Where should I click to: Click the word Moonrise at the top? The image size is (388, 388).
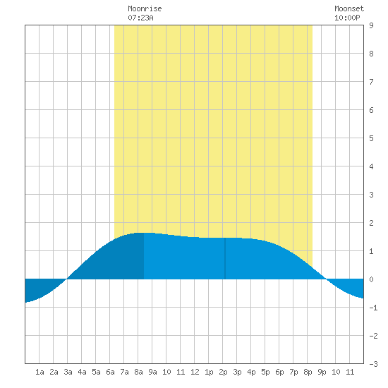coord(145,8)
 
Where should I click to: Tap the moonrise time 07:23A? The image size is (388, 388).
coord(140,18)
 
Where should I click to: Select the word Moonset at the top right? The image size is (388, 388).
coord(349,8)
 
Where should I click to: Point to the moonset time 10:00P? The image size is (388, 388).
coord(347,18)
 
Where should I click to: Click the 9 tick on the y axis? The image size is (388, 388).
coord(371,25)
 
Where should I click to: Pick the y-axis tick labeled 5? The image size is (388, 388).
coord(371,138)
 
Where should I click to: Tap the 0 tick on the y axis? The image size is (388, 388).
coord(371,279)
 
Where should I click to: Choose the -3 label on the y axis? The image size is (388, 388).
coord(373,364)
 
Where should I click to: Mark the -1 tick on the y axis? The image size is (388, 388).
coord(373,308)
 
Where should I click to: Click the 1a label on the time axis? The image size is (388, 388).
coord(40,372)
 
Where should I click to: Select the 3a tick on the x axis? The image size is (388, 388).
coord(68,372)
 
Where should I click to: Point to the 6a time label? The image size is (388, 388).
coord(110,372)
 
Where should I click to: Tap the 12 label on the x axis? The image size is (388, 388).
coord(195,372)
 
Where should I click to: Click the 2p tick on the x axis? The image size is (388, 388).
coord(223,372)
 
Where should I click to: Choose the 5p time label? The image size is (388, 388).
coord(265,372)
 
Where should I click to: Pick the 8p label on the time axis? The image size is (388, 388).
coord(308,372)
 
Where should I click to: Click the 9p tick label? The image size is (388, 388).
coord(322,372)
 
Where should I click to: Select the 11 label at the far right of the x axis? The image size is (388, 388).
coord(350,372)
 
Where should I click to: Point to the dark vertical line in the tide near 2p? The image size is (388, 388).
coord(225,258)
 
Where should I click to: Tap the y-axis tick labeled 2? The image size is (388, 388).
coord(371,223)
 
